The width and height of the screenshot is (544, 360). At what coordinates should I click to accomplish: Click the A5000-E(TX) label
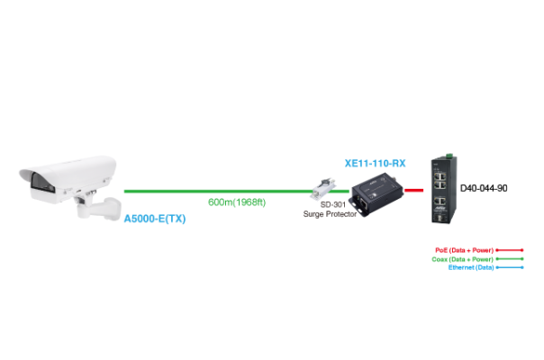pos(156,219)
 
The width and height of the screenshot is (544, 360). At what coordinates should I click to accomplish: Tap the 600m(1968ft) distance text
pos(237,202)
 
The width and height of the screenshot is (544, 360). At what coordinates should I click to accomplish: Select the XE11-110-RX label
pos(376,164)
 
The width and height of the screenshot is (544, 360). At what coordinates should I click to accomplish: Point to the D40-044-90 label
pos(484,189)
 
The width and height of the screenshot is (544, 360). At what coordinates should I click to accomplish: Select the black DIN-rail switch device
pos(441,188)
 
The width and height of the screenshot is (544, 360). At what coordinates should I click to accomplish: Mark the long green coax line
pos(216,191)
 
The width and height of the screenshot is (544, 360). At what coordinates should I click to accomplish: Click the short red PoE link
pos(414,190)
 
